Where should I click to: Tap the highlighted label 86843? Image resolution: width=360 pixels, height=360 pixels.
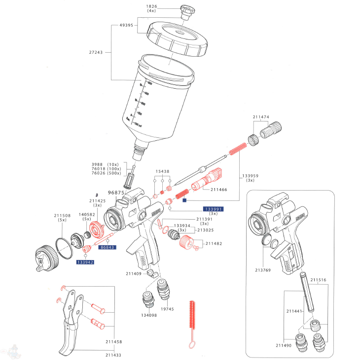point(108,247)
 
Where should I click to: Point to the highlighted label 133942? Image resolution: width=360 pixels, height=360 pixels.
point(85,262)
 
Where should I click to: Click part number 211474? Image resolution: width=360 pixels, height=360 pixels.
point(261,117)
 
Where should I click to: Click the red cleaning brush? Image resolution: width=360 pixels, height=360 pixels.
point(192,322)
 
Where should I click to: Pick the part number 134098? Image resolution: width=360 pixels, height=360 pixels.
point(148,315)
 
